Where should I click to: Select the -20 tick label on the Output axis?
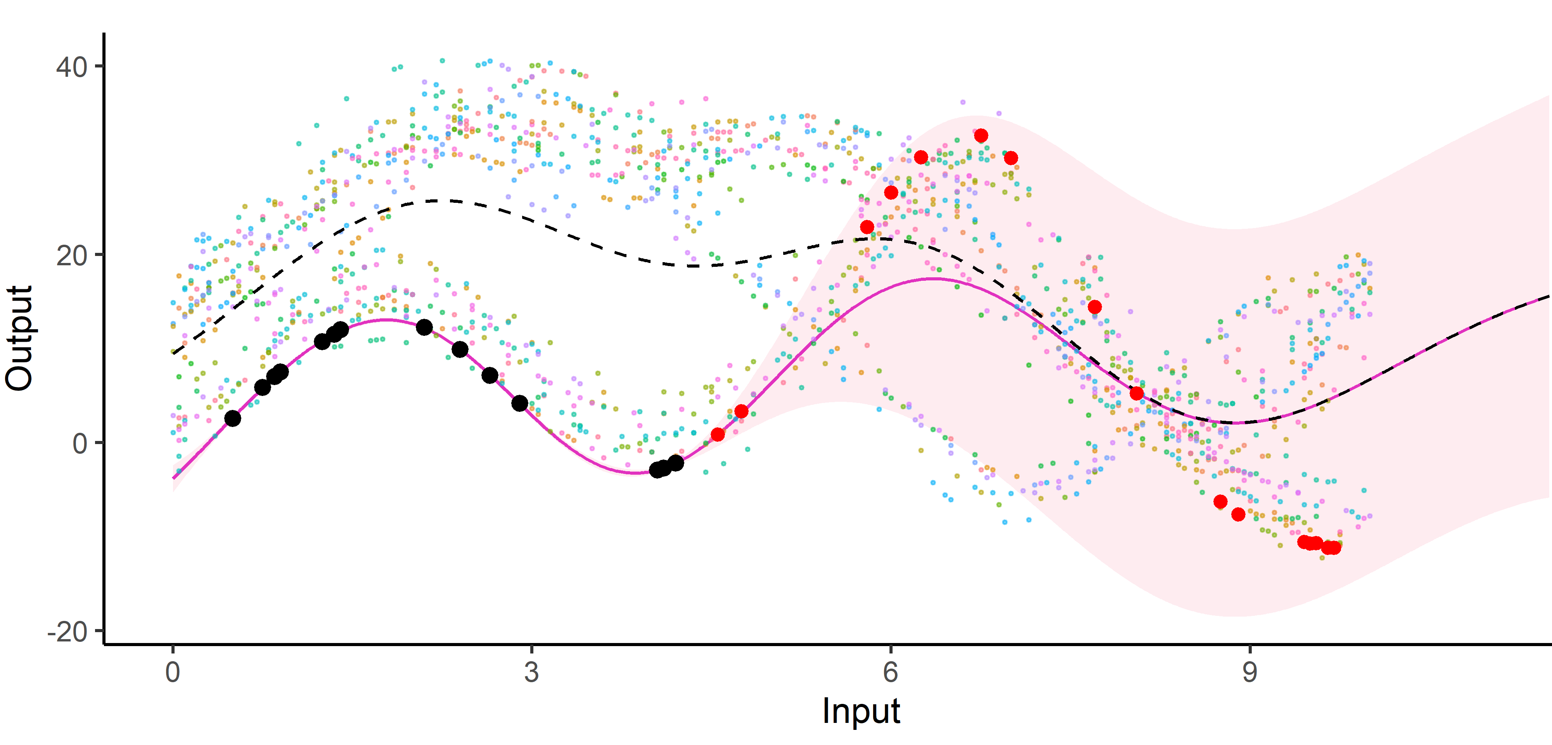tap(67, 633)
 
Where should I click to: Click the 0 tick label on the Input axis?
tap(173, 672)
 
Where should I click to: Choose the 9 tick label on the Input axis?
tap(1249, 672)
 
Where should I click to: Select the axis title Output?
tap(19, 339)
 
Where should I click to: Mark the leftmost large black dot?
tap(233, 418)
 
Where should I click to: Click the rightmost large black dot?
tap(676, 463)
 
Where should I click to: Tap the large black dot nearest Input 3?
tap(519, 403)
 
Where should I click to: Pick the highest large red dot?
tap(981, 135)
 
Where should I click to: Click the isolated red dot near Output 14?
tap(1095, 307)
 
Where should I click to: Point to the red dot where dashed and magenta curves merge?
tap(1136, 393)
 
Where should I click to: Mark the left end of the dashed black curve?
tap(173, 353)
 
